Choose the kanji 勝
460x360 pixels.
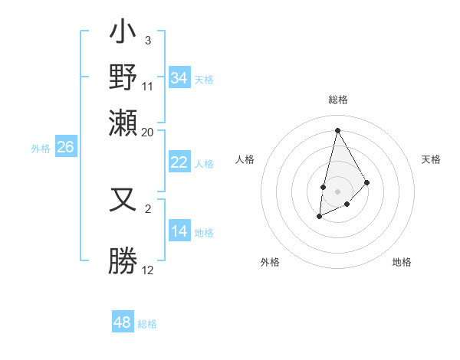click(x=123, y=260)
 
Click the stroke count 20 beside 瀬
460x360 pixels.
click(x=148, y=132)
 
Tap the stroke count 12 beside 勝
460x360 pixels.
click(x=148, y=270)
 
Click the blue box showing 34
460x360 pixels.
click(x=179, y=78)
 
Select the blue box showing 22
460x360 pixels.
click(x=179, y=162)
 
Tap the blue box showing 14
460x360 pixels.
click(x=179, y=231)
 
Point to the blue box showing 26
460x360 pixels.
click(x=66, y=147)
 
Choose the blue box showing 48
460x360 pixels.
click(x=123, y=322)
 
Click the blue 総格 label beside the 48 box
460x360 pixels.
click(x=147, y=324)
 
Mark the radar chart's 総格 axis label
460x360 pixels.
click(x=337, y=100)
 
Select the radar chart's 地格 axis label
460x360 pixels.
click(x=402, y=262)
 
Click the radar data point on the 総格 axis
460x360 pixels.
click(x=337, y=130)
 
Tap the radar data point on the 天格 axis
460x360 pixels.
click(x=367, y=182)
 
